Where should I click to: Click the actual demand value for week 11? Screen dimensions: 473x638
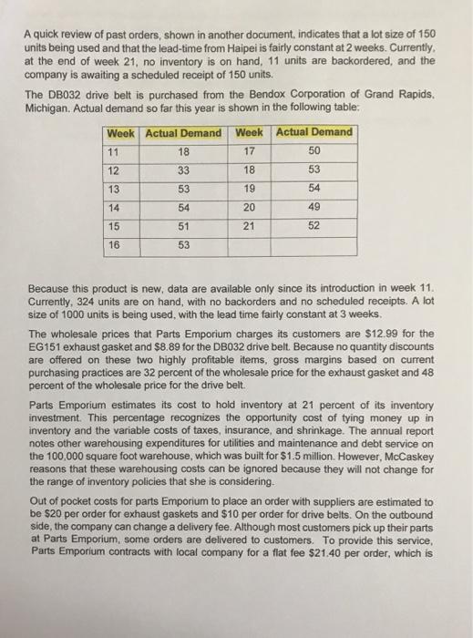point(183,150)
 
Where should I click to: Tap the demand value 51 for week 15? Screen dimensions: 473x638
point(183,225)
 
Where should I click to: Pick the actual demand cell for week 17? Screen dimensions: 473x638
point(312,150)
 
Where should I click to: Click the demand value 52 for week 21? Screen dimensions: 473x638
point(312,225)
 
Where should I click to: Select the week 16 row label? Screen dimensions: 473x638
point(115,244)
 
